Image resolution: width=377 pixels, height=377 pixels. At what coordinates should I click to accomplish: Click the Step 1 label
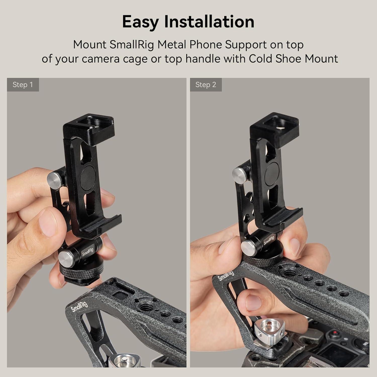coord(23,85)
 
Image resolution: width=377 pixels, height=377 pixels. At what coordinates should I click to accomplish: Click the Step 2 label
coord(206,85)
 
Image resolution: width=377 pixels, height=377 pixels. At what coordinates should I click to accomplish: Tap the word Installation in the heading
coord(209,22)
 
